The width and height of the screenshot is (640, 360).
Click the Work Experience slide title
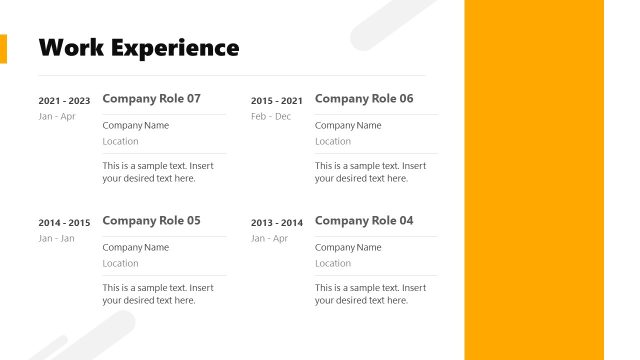pos(138,47)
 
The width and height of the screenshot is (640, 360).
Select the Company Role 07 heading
pos(151,99)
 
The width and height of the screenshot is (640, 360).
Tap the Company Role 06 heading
pos(363,99)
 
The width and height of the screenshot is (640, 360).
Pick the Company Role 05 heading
pos(151,221)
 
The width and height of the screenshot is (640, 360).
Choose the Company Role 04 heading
pos(363,221)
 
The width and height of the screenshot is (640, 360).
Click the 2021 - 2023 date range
pos(64,101)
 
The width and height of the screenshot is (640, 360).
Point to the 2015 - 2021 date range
pos(276,101)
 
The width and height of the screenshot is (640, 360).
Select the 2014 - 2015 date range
pos(64,223)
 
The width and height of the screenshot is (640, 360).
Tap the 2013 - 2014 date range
pos(276,223)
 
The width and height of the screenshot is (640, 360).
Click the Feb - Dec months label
pos(271,117)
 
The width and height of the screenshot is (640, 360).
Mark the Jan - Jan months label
pos(57,239)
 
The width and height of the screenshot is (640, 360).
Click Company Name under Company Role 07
pos(135,126)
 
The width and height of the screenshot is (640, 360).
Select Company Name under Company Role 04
pos(348,248)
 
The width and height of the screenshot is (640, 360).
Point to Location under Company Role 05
pos(120,264)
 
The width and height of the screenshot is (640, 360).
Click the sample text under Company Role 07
pos(158,172)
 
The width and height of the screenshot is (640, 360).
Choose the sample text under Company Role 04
pos(370,294)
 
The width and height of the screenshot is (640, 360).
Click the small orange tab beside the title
pos(3,48)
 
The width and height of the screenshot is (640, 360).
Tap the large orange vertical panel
pos(534,180)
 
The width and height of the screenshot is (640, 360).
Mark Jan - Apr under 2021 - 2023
pos(57,117)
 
